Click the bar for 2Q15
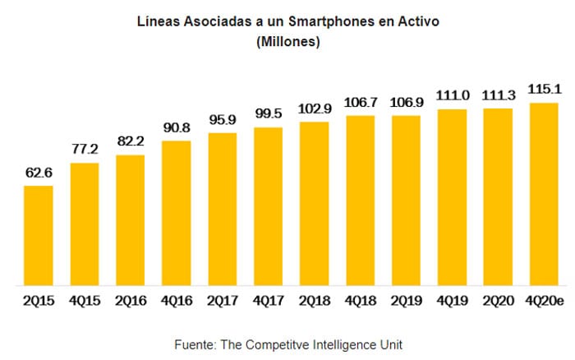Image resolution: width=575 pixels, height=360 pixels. [39, 236]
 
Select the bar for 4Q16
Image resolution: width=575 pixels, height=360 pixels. [177, 214]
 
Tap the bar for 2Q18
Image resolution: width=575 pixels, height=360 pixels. [315, 204]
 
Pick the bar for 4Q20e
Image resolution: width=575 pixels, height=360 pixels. [544, 194]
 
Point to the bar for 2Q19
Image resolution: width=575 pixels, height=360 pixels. [406, 201]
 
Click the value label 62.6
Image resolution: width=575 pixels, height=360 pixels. [39, 173]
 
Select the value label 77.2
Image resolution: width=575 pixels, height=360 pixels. [85, 150]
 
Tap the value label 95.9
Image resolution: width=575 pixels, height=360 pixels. [223, 119]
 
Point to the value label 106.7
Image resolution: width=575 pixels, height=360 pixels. [360, 102]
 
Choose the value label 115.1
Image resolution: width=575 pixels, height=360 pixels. [544, 89]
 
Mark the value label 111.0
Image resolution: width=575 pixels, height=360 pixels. [452, 95]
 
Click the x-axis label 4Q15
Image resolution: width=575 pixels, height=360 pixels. [85, 301]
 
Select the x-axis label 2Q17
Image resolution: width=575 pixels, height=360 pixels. [223, 301]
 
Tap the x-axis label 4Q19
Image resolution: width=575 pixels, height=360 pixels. [452, 301]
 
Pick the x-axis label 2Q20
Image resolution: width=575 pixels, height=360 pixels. [498, 301]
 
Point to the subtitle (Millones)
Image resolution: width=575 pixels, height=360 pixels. [287, 41]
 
